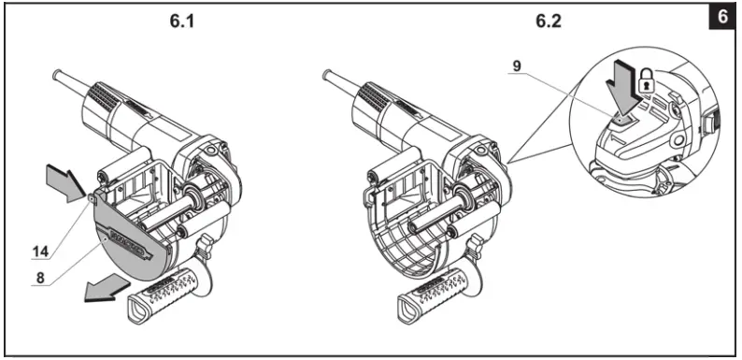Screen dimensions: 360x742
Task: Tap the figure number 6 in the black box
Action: pos(723,18)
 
